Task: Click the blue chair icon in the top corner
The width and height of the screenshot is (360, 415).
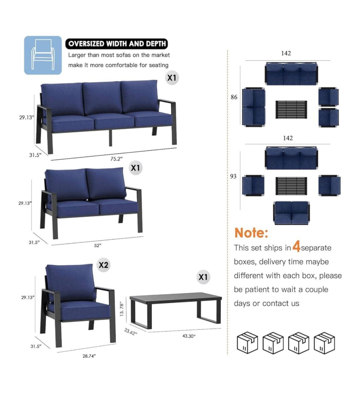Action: [43, 55]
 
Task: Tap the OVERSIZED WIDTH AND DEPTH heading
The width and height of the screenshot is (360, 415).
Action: [117, 44]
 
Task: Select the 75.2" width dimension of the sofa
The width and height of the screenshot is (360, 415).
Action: [116, 159]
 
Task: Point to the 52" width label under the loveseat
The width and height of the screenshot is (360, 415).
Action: [98, 245]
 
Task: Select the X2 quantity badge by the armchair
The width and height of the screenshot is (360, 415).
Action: [103, 265]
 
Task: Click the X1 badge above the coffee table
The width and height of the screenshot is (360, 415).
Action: [203, 277]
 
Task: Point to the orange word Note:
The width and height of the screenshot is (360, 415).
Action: [251, 233]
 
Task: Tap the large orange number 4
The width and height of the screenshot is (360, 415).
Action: [296, 247]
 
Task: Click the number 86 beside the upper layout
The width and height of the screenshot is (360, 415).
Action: [234, 97]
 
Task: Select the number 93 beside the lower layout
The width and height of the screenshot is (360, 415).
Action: [233, 176]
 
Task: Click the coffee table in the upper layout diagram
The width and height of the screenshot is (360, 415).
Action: [291, 110]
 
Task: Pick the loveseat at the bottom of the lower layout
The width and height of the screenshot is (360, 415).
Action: [291, 213]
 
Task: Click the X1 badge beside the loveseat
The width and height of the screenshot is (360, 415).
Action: [136, 168]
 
